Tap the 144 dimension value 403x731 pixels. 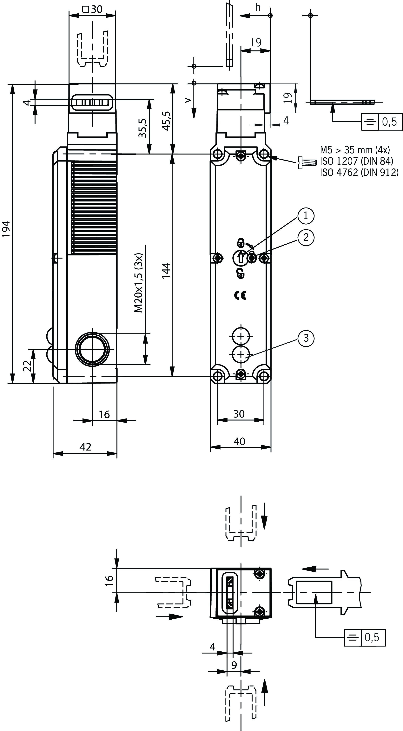tap(166, 270)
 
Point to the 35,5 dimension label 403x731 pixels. tap(142, 128)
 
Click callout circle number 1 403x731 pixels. tap(306, 216)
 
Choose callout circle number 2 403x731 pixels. tap(306, 237)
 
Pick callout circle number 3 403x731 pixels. tap(306, 338)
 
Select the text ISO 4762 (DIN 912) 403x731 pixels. tap(359, 172)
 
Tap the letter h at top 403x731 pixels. tap(258, 8)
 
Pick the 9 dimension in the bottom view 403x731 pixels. tap(234, 665)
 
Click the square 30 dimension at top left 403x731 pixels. tap(93, 9)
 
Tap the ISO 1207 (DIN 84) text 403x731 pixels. tap(356, 161)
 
